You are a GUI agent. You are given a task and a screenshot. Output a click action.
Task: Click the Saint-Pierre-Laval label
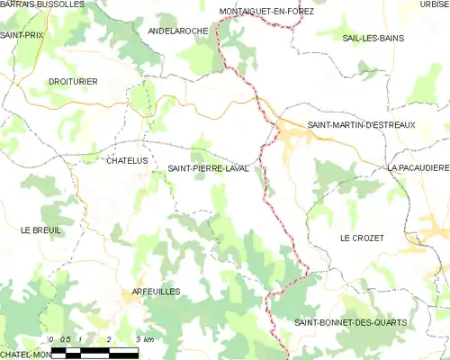pyautogui.click(x=208, y=168)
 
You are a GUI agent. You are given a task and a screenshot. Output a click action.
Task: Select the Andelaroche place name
pyautogui.click(x=177, y=31)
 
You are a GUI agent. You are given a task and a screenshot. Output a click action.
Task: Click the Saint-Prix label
pyautogui.click(x=22, y=35)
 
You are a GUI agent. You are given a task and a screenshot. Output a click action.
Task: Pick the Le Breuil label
pyautogui.click(x=40, y=230)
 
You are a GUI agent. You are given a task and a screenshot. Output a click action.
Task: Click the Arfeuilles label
pyautogui.click(x=156, y=292)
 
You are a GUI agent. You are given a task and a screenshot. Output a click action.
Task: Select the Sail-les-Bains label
pyautogui.click(x=373, y=38)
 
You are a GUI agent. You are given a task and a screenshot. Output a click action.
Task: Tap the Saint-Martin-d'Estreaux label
pyautogui.click(x=361, y=125)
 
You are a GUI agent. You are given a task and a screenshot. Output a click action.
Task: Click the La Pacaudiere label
pyautogui.click(x=418, y=168)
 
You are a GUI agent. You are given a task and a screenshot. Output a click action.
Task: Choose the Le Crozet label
pyautogui.click(x=362, y=238)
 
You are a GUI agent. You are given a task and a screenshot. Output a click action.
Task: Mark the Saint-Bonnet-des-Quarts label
pyautogui.click(x=351, y=322)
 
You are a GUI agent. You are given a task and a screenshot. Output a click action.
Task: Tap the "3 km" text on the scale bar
pyautogui.click(x=145, y=339)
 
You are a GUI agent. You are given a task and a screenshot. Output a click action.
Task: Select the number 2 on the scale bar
pyautogui.click(x=109, y=339)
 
